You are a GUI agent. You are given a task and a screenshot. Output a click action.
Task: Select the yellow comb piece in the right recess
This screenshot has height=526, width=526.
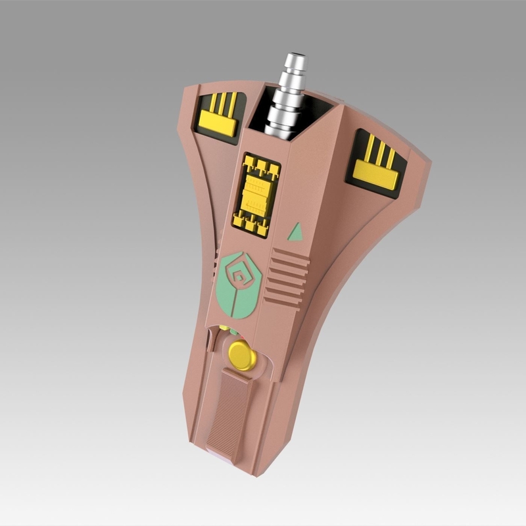[375, 164]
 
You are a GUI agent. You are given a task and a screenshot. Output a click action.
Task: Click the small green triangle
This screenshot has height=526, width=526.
[296, 231]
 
